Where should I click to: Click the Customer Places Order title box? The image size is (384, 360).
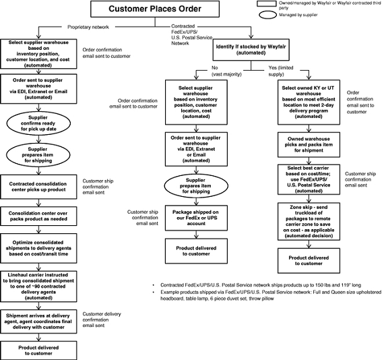click(x=155, y=9)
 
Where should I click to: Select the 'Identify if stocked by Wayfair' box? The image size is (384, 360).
click(x=251, y=50)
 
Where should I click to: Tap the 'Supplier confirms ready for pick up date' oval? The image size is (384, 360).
click(x=38, y=123)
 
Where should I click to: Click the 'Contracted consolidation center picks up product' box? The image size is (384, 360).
click(x=38, y=187)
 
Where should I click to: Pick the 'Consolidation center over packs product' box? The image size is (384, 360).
click(x=38, y=216)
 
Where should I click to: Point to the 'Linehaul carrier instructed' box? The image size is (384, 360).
click(x=38, y=287)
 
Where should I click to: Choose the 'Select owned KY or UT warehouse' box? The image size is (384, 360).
click(x=309, y=102)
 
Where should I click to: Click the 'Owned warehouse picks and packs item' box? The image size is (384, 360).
click(x=309, y=145)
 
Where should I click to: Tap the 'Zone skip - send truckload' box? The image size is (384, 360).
click(x=309, y=221)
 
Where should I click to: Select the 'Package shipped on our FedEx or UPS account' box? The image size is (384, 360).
click(x=196, y=218)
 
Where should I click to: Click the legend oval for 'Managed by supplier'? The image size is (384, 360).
click(x=267, y=15)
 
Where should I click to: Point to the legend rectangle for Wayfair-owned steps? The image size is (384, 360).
click(x=267, y=3)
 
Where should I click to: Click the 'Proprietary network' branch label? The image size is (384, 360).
click(x=88, y=27)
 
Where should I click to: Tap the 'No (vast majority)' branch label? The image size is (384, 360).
click(x=226, y=71)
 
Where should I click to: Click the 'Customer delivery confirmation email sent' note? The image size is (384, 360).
click(x=102, y=320)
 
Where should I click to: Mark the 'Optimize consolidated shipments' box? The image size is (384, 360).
click(x=38, y=248)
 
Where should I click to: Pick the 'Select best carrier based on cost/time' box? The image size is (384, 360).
click(x=309, y=179)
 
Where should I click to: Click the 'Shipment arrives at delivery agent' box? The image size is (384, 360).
click(x=38, y=322)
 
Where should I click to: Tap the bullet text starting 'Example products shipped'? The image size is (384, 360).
click(x=271, y=295)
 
